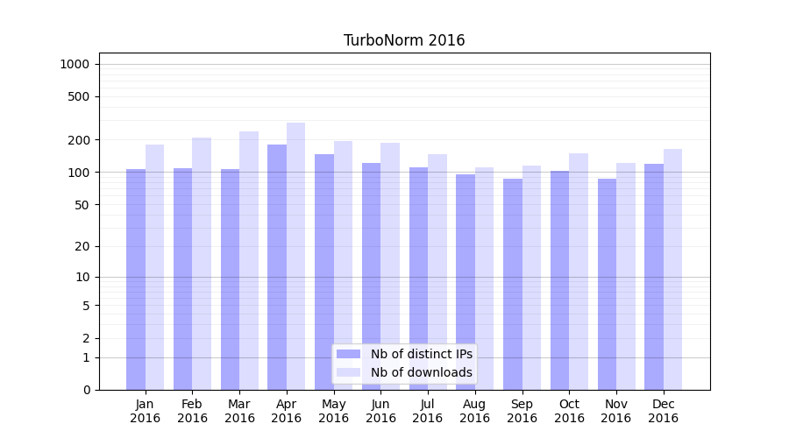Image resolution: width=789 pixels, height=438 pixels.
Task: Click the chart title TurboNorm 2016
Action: click(404, 40)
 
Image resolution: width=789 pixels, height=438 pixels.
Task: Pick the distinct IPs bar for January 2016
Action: click(136, 279)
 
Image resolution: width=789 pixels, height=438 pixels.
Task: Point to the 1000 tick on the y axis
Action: click(75, 64)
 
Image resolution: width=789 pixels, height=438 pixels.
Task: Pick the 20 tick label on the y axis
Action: click(82, 246)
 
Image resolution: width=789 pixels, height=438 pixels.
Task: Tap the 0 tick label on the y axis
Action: click(86, 390)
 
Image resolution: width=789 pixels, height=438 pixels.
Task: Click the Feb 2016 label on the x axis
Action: click(193, 411)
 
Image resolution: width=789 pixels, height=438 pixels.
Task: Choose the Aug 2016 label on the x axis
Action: click(475, 411)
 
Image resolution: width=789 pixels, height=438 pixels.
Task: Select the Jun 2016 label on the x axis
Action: click(380, 411)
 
